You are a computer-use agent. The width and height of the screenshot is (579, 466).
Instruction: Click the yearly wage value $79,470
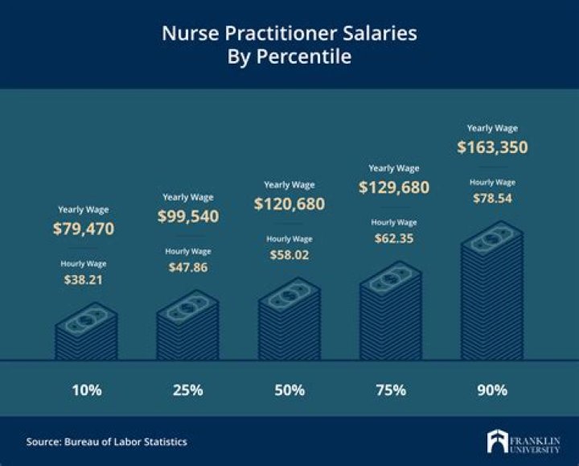pos(84,229)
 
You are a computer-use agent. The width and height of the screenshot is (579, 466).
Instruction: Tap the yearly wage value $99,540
pos(189,217)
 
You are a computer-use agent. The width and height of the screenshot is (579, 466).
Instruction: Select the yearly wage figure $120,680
pos(289,204)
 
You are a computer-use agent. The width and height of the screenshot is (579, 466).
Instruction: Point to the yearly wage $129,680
pos(394,188)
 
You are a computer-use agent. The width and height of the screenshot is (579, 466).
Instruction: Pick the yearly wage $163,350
pos(492,147)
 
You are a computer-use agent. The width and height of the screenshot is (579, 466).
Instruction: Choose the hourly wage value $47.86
pos(187,267)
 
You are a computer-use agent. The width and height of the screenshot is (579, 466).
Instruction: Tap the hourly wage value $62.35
pos(394,238)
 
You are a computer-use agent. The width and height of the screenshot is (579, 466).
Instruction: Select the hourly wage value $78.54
pos(492,198)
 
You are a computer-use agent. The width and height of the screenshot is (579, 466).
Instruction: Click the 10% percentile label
pos(86,390)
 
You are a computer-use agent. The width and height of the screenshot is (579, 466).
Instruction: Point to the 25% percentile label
pos(187,390)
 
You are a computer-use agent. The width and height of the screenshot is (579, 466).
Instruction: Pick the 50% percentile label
pos(289,390)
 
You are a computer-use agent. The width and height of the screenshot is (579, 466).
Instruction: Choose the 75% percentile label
pos(391,390)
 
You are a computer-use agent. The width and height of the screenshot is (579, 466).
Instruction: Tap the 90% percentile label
pos(492,390)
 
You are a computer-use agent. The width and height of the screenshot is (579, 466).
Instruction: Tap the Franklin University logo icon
pos(497,442)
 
